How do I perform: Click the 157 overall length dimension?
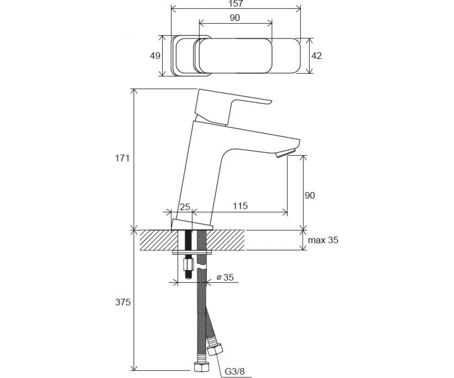click(x=236, y=4)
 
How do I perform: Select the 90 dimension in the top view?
click(x=235, y=18)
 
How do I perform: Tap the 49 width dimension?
click(x=155, y=56)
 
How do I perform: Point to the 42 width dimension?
click(x=316, y=56)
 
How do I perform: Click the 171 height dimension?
click(x=122, y=158)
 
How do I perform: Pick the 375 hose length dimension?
click(x=123, y=302)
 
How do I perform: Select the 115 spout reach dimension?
click(x=240, y=206)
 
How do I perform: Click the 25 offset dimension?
click(x=185, y=207)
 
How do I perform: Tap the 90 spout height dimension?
click(x=310, y=195)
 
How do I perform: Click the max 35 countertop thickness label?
click(x=323, y=240)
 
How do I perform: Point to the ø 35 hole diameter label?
click(x=225, y=277)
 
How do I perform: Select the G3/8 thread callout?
click(x=235, y=372)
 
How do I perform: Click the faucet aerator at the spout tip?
click(x=286, y=153)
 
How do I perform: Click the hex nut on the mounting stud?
click(x=188, y=264)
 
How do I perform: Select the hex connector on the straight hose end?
click(x=201, y=367)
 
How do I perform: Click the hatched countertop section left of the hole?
click(x=159, y=240)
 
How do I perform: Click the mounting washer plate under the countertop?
click(x=192, y=253)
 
